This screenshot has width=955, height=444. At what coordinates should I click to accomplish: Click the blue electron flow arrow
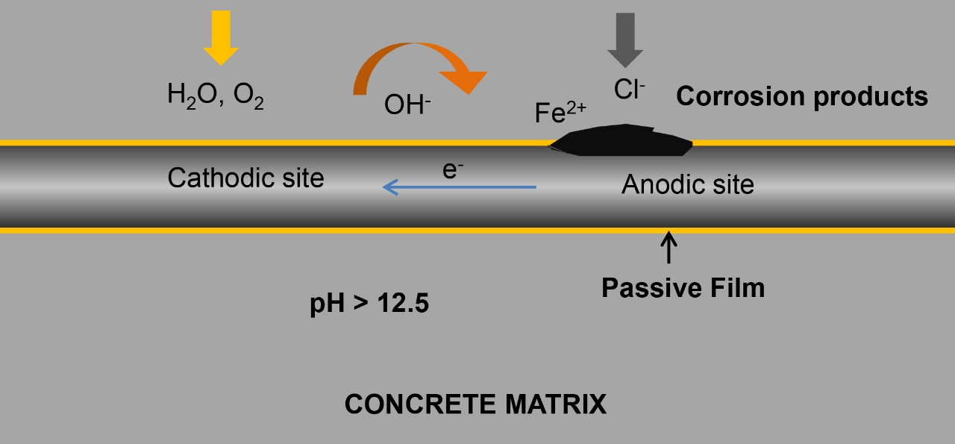(x=459, y=187)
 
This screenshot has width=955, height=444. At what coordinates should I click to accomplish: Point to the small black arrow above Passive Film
(x=668, y=247)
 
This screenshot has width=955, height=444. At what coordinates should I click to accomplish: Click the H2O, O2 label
(x=215, y=96)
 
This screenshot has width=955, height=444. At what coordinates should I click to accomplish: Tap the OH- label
(x=407, y=105)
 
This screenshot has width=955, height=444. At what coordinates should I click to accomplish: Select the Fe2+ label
(x=560, y=113)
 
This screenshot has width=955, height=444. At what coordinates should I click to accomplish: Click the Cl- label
(x=630, y=90)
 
